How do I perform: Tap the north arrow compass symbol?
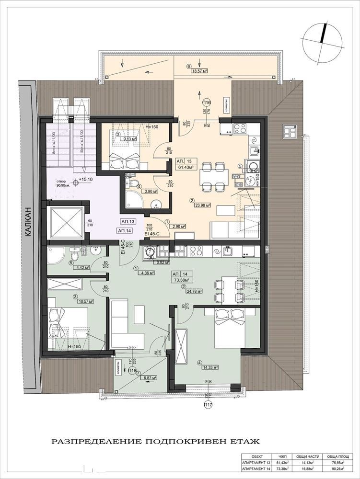[322, 38]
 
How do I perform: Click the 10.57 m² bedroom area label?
[85, 301]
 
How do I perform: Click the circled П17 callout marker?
[208, 406]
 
